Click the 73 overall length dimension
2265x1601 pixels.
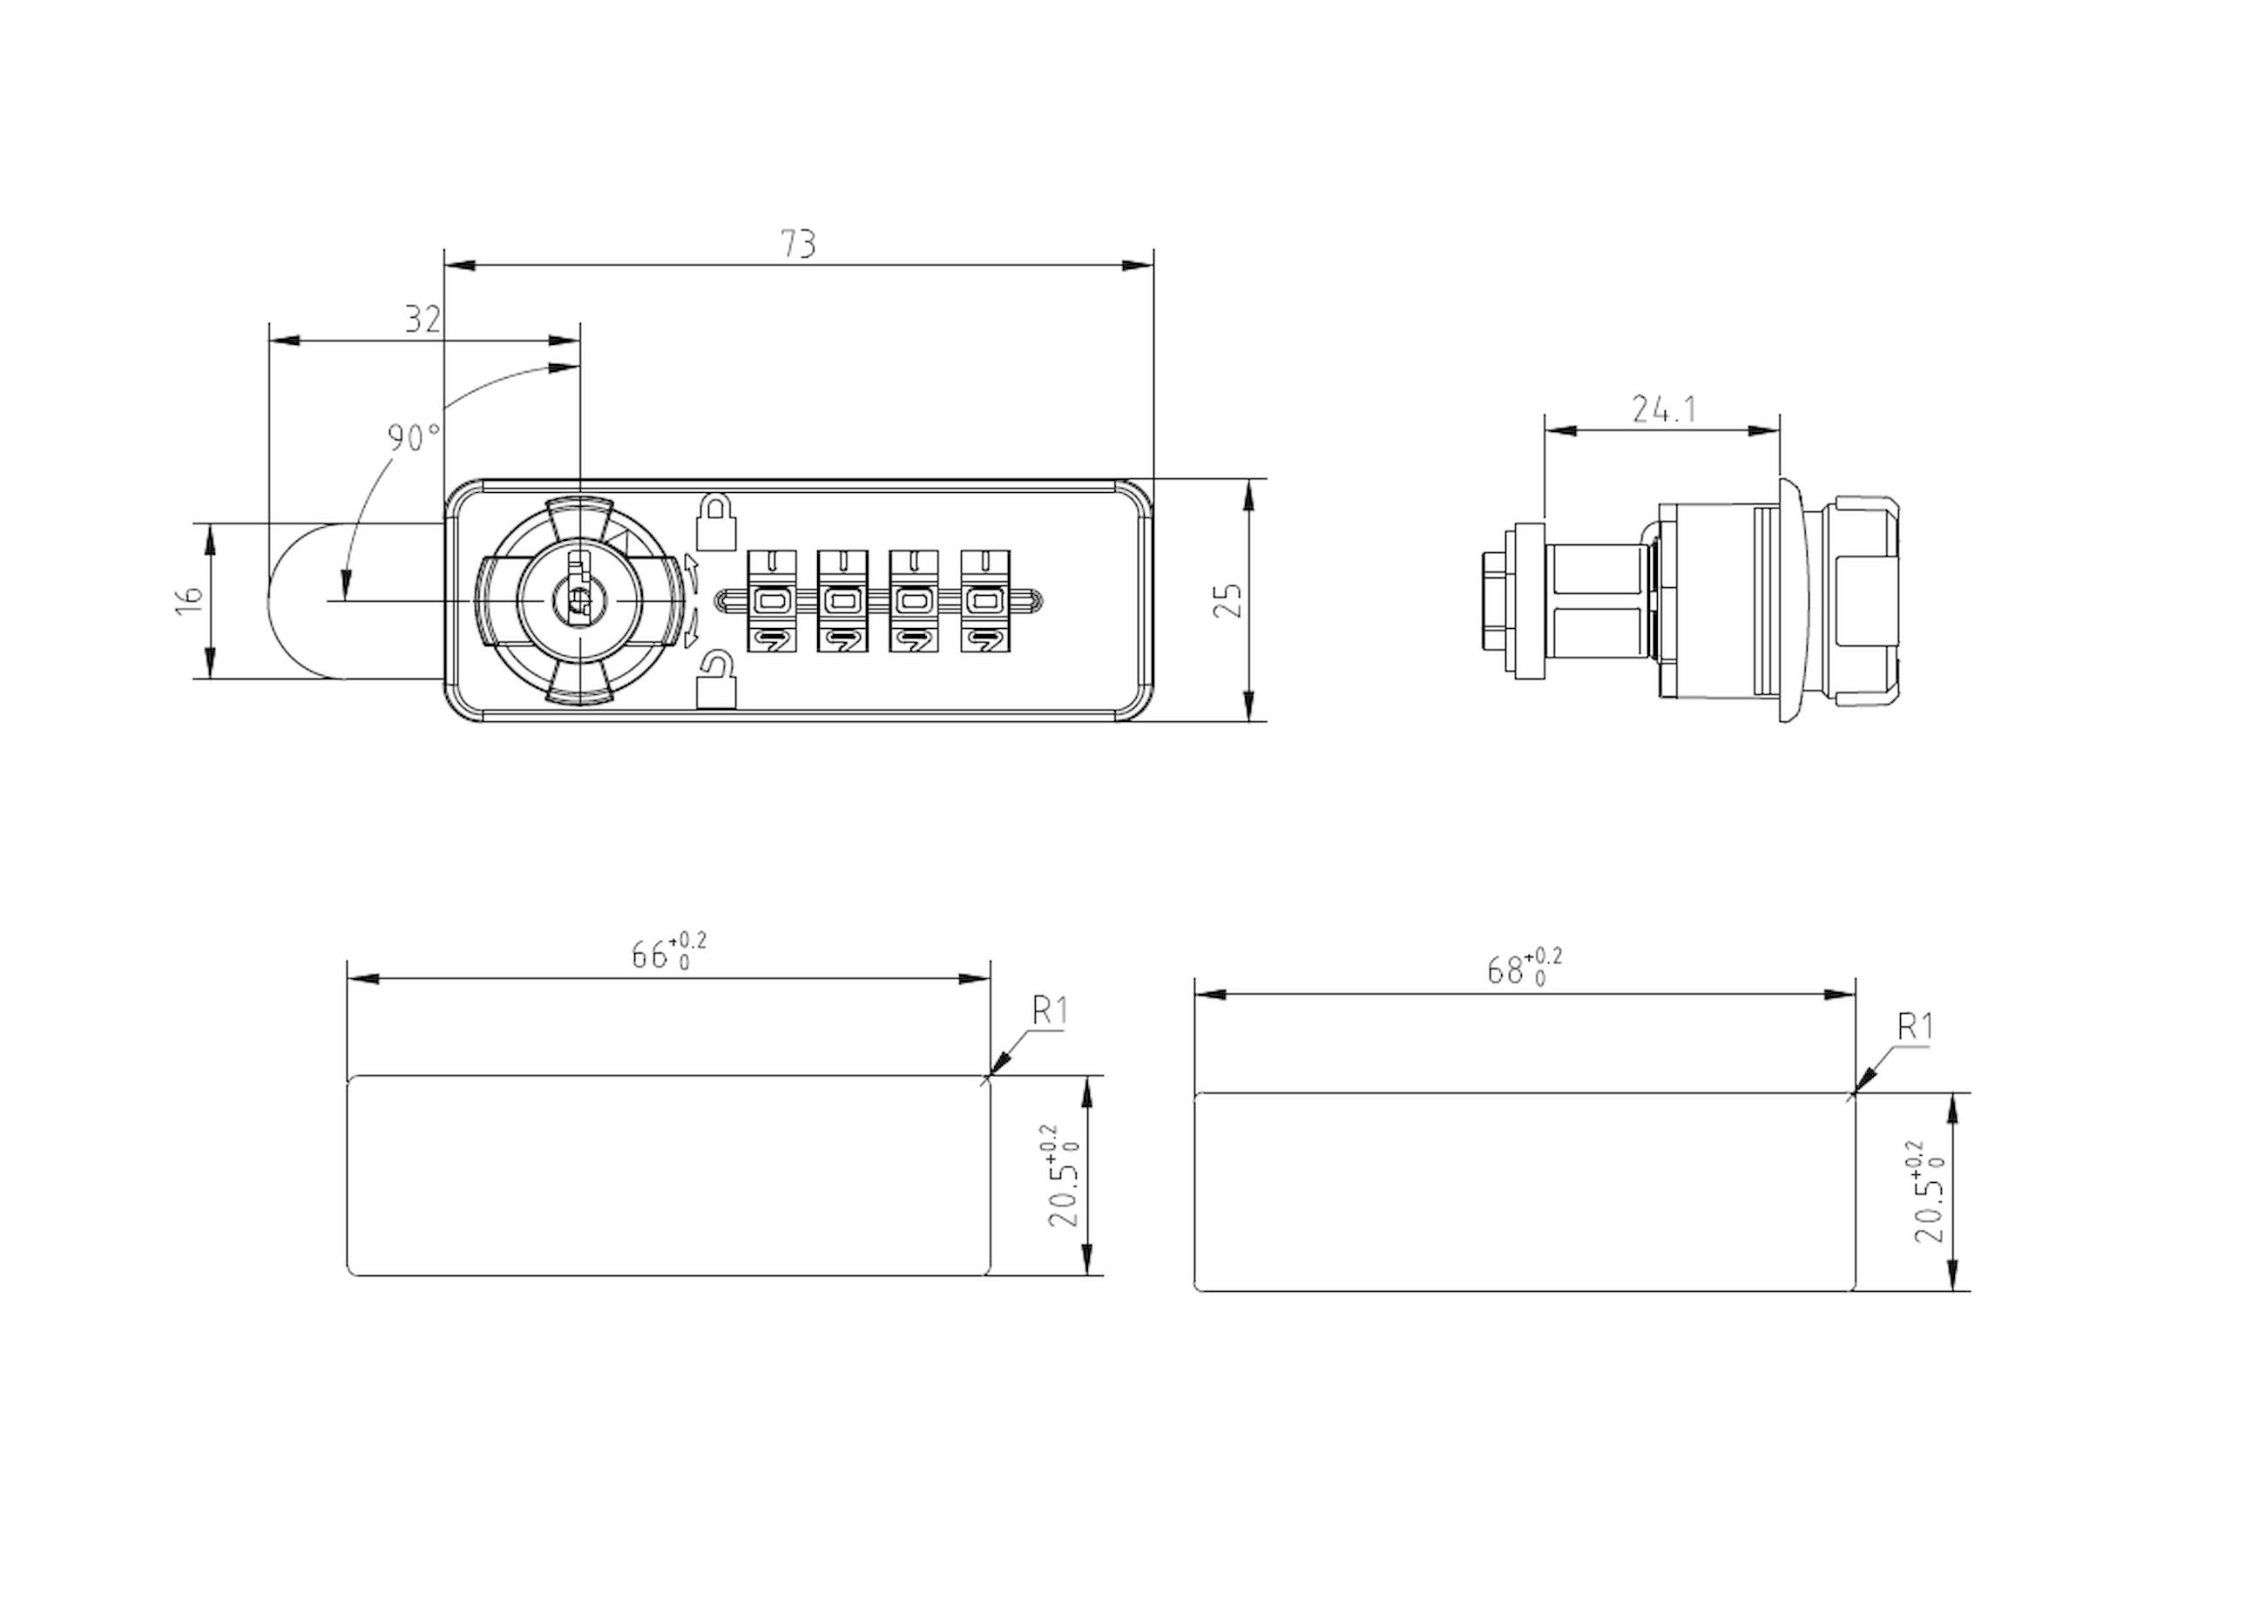pyautogui.click(x=798, y=243)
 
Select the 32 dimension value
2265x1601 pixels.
pyautogui.click(x=423, y=319)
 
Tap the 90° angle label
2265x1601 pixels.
pyautogui.click(x=413, y=437)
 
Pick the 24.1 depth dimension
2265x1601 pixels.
pyautogui.click(x=1663, y=409)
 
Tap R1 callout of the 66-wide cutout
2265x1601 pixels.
pyautogui.click(x=1050, y=1010)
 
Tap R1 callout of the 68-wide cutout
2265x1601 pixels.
pyautogui.click(x=1915, y=1027)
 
